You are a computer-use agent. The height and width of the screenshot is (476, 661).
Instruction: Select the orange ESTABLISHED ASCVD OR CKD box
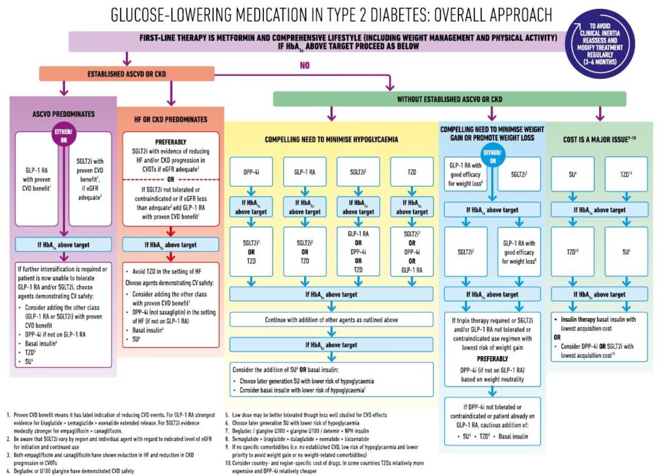click(127, 74)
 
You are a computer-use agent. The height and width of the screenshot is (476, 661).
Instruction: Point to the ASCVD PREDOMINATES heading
click(63, 114)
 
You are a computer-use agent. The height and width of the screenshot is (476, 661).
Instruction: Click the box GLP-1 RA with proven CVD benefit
click(36, 179)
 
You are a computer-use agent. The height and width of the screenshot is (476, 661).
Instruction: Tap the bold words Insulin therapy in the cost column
click(578, 319)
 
